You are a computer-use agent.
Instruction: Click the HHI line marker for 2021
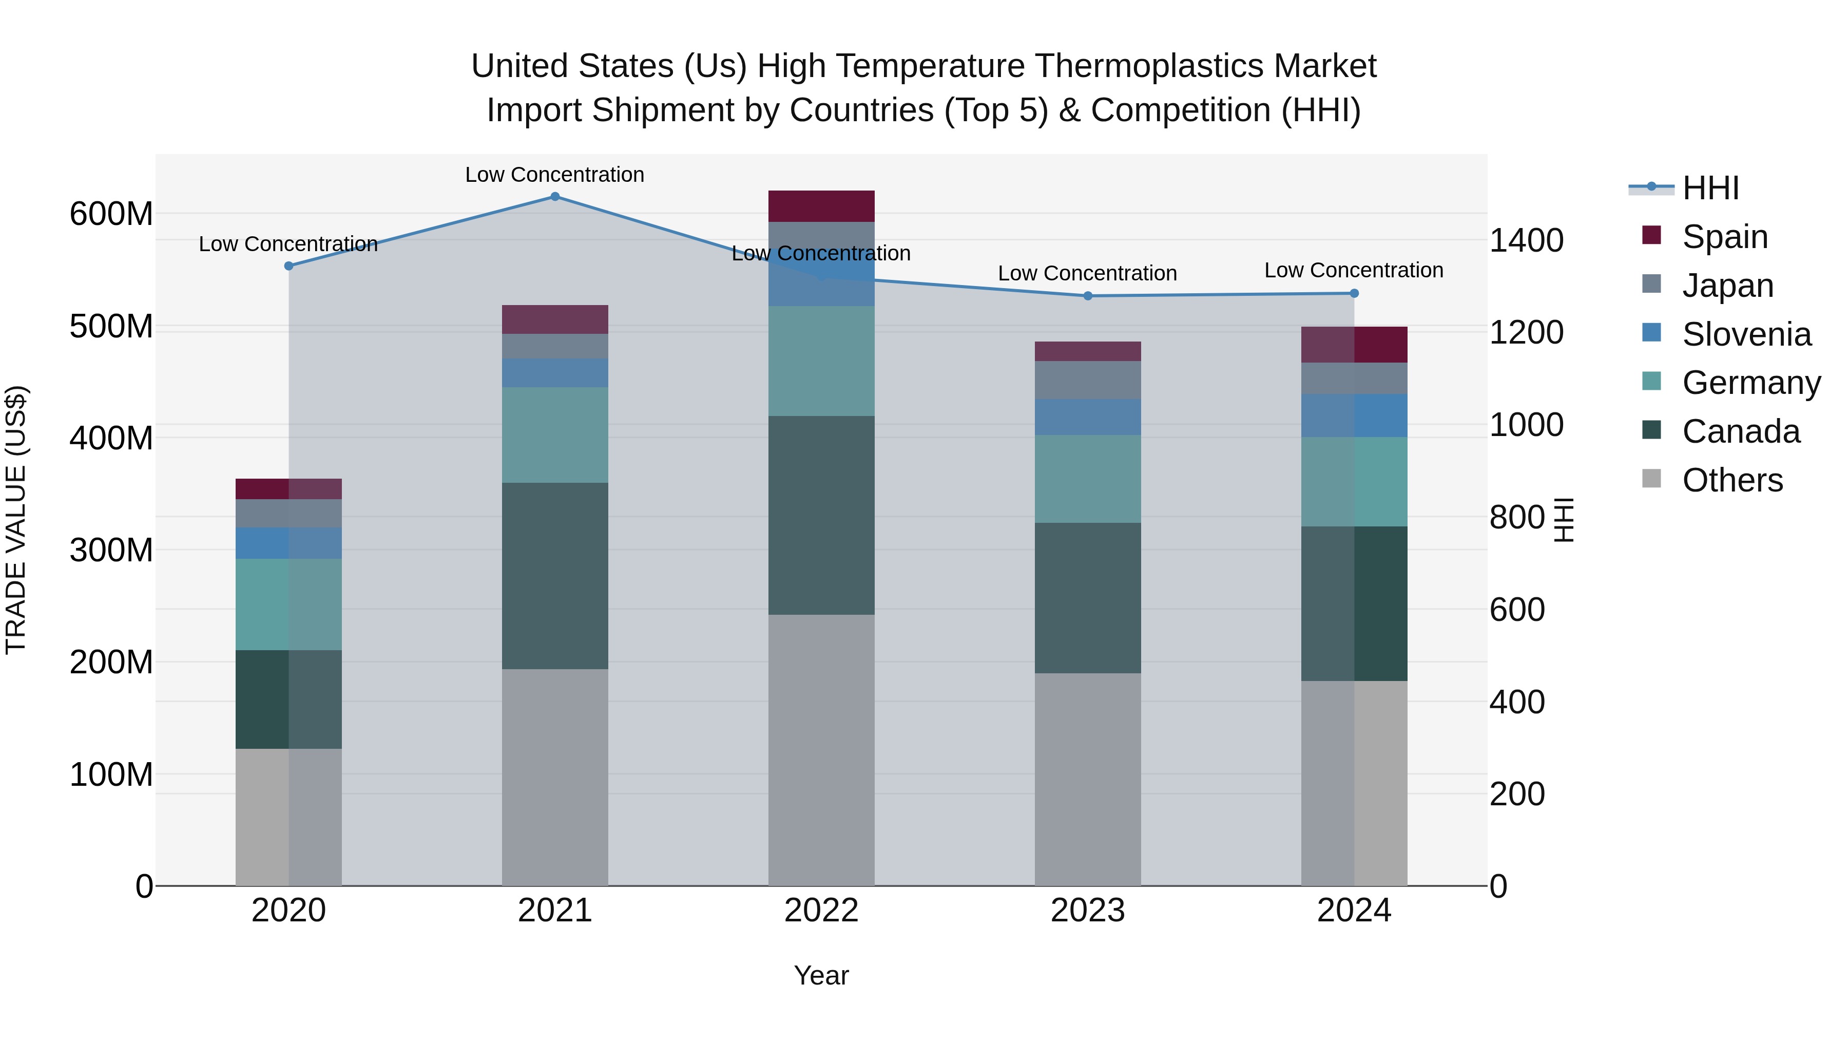point(554,197)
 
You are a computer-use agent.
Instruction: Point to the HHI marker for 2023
point(1088,296)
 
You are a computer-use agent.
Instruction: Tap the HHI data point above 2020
point(289,266)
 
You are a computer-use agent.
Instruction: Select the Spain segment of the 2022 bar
point(821,206)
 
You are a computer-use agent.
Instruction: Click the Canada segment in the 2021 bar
point(554,576)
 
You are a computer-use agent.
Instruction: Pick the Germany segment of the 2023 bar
point(1088,479)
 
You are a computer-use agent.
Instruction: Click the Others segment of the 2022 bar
point(821,750)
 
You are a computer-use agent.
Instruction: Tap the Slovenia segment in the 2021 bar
point(554,373)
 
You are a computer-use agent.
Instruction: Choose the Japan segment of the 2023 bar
point(1088,381)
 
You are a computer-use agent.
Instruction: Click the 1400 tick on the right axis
point(1527,240)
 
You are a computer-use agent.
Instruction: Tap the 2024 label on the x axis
point(1354,911)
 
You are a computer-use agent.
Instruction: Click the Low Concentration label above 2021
point(554,175)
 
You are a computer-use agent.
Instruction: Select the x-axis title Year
point(821,975)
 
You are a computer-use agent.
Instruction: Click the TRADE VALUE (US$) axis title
point(16,520)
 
